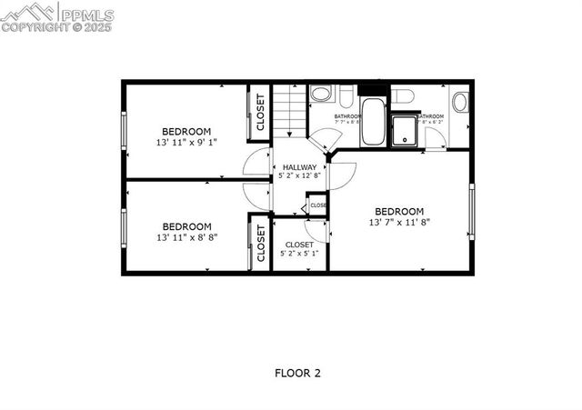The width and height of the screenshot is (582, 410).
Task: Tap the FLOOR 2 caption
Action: click(x=297, y=373)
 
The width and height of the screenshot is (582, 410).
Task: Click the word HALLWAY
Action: click(x=299, y=167)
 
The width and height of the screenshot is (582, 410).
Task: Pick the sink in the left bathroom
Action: click(x=321, y=95)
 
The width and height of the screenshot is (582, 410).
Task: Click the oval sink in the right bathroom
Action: click(x=460, y=101)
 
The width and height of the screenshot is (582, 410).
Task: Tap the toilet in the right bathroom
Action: click(x=404, y=95)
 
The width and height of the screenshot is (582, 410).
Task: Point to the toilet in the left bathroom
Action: click(x=346, y=94)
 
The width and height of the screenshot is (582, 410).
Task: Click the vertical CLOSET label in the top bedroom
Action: click(x=260, y=112)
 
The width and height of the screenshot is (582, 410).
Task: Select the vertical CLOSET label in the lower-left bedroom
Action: click(x=260, y=245)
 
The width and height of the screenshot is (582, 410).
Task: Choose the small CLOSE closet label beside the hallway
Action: click(x=317, y=205)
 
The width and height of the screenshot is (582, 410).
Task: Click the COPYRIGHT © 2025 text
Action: click(x=56, y=27)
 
